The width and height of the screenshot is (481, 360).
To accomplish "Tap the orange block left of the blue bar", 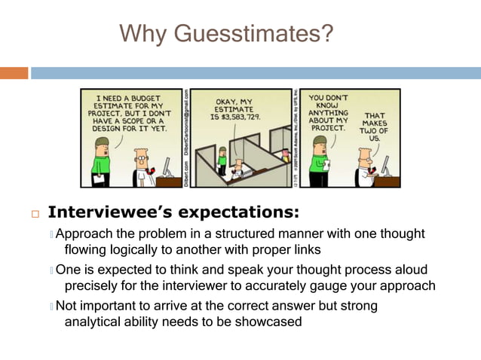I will tap(14, 73).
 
